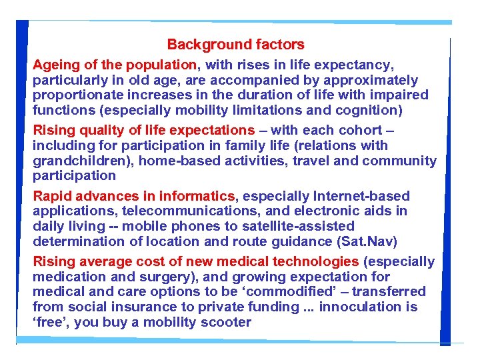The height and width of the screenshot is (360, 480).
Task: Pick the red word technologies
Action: click(x=305, y=261)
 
